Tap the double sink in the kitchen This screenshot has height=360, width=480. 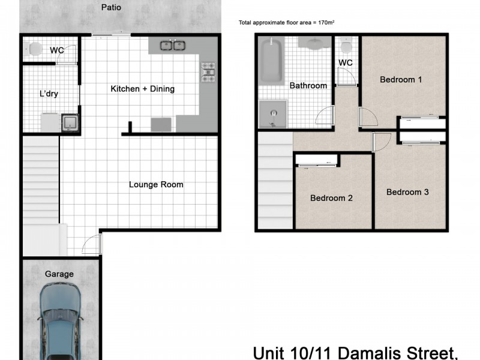(x=173, y=45)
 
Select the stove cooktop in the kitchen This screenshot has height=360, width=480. (x=208, y=72)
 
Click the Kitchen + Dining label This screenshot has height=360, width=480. (x=142, y=89)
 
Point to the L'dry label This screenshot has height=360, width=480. (x=49, y=94)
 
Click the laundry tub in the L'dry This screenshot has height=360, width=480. (x=70, y=122)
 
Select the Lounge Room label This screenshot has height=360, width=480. (x=156, y=184)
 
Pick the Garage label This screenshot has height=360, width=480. (x=59, y=274)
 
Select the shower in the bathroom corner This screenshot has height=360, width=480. (x=273, y=113)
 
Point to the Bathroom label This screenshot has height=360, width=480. (x=308, y=85)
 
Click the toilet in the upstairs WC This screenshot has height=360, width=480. (x=346, y=47)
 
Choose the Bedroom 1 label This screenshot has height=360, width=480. (x=401, y=79)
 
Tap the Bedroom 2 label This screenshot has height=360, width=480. (x=331, y=198)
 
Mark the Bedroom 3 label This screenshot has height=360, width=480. (x=407, y=192)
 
